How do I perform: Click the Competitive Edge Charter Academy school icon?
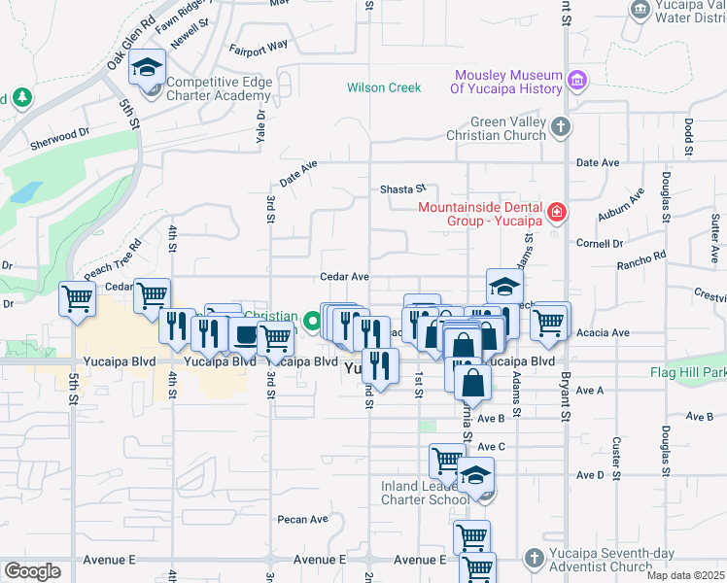(x=147, y=68)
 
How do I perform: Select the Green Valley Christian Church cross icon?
(x=561, y=126)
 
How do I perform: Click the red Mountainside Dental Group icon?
(x=556, y=211)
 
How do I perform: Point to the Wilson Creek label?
(x=384, y=87)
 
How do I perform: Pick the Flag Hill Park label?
(x=688, y=372)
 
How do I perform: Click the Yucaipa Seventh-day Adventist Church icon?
(x=533, y=558)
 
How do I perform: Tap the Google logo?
(x=32, y=570)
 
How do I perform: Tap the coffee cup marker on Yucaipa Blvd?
(x=243, y=336)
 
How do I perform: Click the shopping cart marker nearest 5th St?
(x=76, y=299)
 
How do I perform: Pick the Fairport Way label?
(x=259, y=46)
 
